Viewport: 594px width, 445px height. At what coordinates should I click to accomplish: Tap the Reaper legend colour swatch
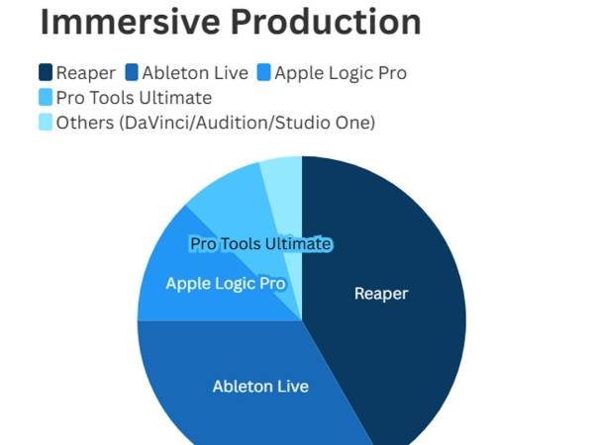coord(46,72)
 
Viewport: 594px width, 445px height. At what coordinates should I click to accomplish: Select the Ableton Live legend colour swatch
coord(132,72)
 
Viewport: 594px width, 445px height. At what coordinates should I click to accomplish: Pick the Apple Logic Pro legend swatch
coord(263,72)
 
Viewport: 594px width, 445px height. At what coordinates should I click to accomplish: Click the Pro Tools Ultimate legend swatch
coord(46,97)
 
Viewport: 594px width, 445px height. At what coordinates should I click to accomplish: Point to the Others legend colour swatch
coord(46,122)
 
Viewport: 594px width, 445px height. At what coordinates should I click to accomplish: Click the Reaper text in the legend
coord(86,72)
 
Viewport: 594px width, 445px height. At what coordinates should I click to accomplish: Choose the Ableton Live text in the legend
coord(194,72)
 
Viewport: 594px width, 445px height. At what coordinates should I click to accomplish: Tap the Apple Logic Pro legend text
coord(341,72)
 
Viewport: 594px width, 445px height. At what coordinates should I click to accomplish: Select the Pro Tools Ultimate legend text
coord(135,97)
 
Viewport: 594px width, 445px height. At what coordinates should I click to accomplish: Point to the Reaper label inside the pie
coord(381,294)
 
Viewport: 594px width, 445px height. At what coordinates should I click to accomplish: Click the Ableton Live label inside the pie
coord(260,386)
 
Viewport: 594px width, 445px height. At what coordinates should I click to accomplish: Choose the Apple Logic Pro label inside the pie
coord(226,284)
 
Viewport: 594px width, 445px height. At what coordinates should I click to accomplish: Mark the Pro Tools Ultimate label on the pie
coord(260,243)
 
